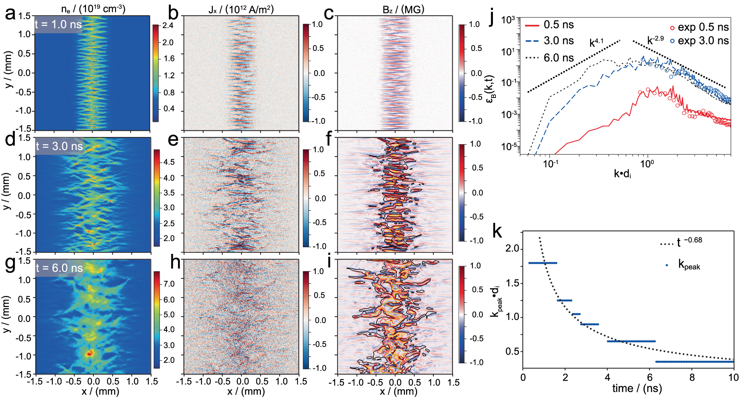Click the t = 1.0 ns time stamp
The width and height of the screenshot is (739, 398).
coord(58,24)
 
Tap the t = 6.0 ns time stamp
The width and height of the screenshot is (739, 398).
coord(59,268)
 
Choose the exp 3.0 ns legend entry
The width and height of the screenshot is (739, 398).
coord(699,41)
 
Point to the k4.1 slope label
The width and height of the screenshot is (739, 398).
coord(596,43)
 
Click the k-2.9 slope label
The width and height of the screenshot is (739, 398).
coord(655,40)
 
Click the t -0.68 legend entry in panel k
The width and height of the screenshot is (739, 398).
coord(682,242)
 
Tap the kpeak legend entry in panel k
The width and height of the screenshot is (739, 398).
coord(684,265)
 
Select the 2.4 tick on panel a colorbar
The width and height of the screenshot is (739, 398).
coord(168,25)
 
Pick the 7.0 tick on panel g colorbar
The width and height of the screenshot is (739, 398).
coord(169,284)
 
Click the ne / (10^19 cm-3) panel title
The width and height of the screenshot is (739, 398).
coord(93,8)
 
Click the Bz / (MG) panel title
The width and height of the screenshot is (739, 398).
coord(403,9)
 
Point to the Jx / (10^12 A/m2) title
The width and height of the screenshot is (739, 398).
coord(241,9)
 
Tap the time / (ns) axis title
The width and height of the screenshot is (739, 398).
coord(637,388)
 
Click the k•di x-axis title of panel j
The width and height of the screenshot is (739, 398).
coord(622,173)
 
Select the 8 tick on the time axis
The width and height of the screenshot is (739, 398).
coord(692,377)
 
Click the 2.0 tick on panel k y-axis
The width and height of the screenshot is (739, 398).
coord(512,249)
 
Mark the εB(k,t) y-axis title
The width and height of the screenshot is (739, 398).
coord(491,89)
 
